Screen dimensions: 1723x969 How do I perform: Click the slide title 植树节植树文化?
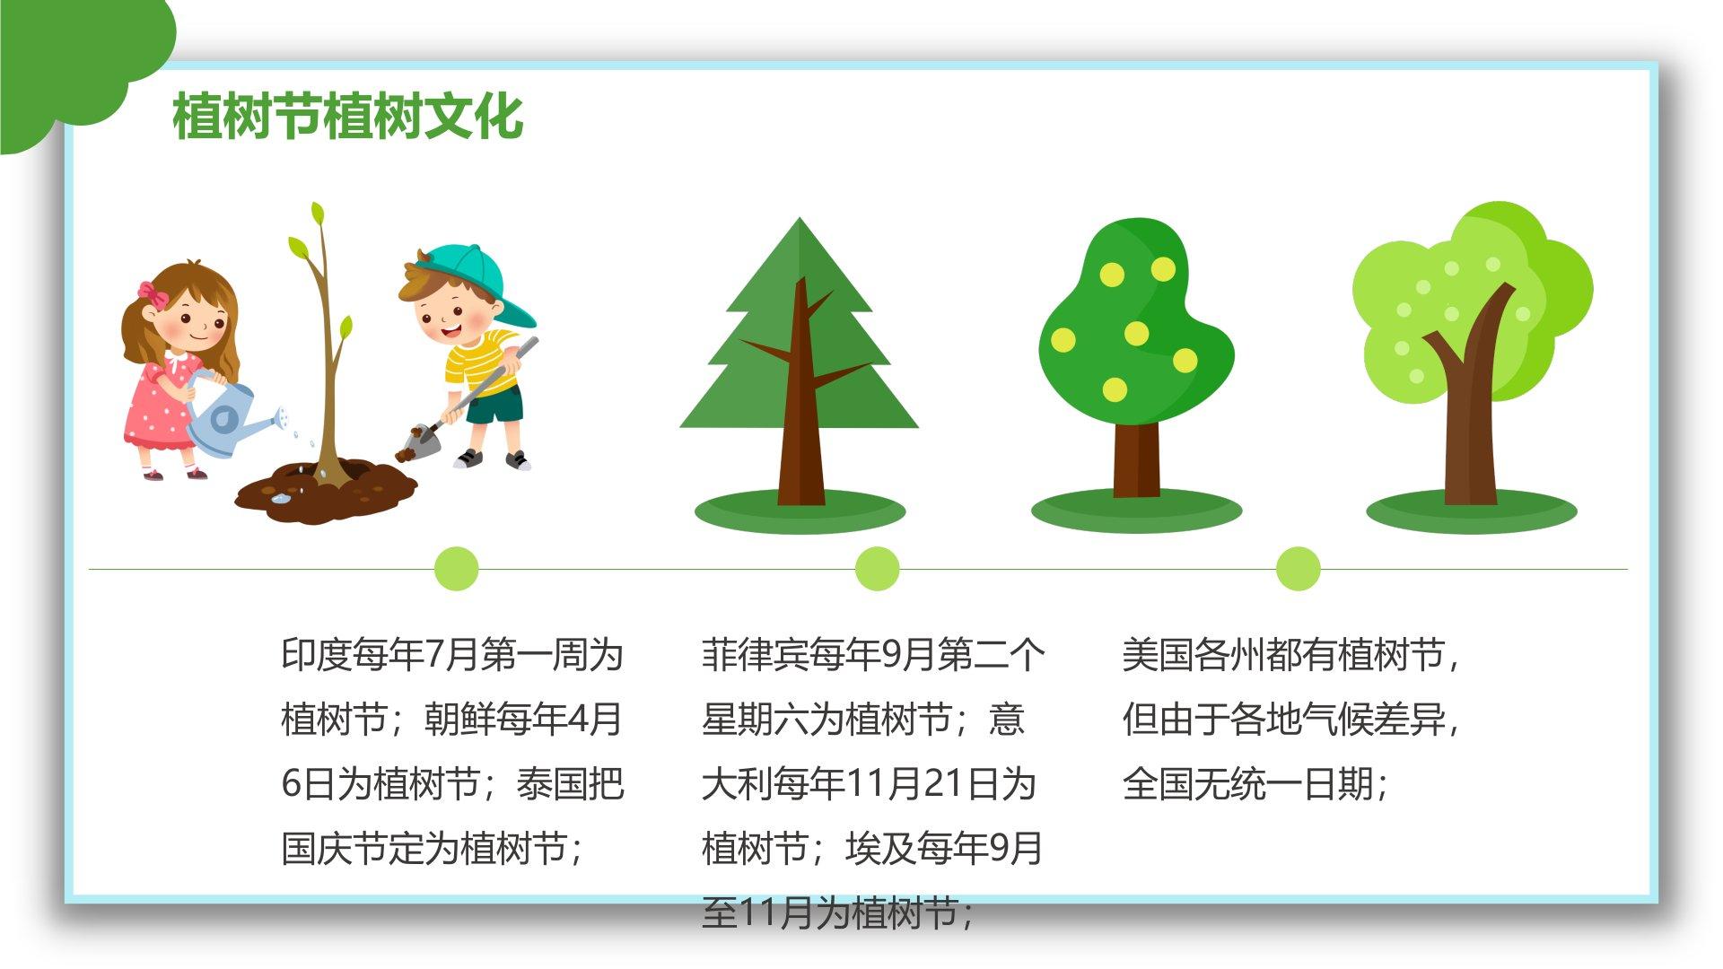[x=348, y=117]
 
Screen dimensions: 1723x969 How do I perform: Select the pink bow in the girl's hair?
[x=153, y=293]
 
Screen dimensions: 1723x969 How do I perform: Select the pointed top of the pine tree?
[x=799, y=221]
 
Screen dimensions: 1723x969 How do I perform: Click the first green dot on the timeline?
[x=456, y=569]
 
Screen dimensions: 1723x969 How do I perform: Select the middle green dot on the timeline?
[x=877, y=569]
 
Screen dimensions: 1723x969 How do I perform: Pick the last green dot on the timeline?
[x=1298, y=569]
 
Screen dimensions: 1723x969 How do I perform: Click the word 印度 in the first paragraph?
[x=317, y=655]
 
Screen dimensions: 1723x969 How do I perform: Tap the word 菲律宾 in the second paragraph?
[x=755, y=655]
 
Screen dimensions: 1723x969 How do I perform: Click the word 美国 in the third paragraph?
[x=1158, y=655]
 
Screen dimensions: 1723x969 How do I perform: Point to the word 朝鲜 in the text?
[x=459, y=720]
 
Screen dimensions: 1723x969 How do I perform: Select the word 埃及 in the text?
[x=880, y=849]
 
